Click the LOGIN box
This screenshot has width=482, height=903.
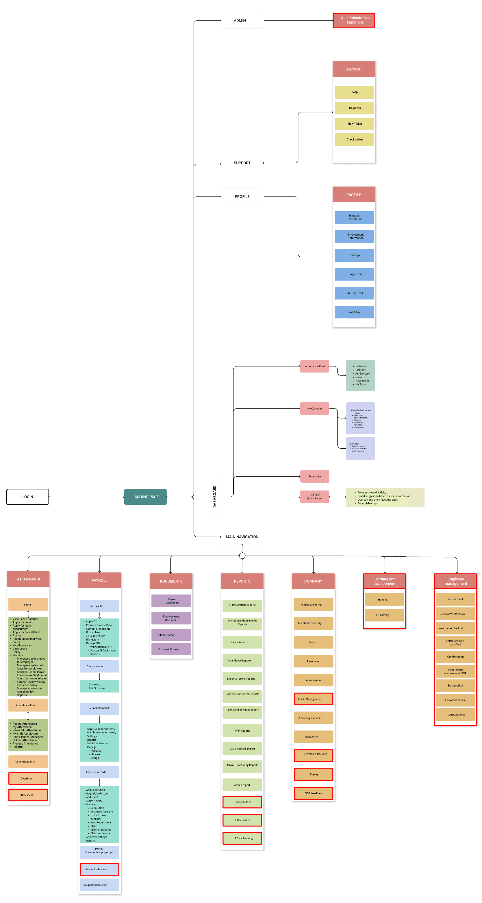(28, 497)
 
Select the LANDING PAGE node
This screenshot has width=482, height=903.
(145, 497)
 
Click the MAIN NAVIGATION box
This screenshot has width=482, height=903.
(242, 537)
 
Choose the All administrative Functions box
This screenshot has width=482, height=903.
(354, 20)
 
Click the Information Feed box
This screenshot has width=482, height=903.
(314, 366)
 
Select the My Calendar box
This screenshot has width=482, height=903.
(314, 408)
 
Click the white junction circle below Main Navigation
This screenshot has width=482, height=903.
(242, 556)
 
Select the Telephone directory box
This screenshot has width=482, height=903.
(313, 623)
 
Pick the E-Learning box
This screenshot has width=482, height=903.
(384, 615)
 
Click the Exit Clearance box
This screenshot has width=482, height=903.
(455, 715)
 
